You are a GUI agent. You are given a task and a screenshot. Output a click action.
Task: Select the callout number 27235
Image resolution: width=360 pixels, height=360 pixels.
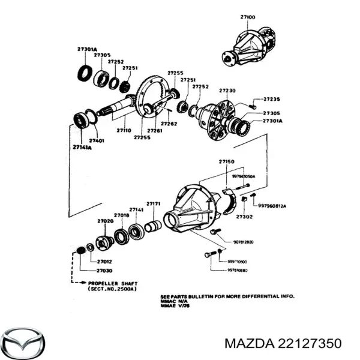272,100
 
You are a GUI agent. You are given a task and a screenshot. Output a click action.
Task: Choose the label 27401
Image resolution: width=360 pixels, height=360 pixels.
97,141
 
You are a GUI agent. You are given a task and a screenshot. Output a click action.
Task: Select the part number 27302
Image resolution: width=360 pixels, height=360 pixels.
244,216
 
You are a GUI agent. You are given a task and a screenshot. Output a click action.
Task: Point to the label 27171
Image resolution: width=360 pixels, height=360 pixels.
154,204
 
